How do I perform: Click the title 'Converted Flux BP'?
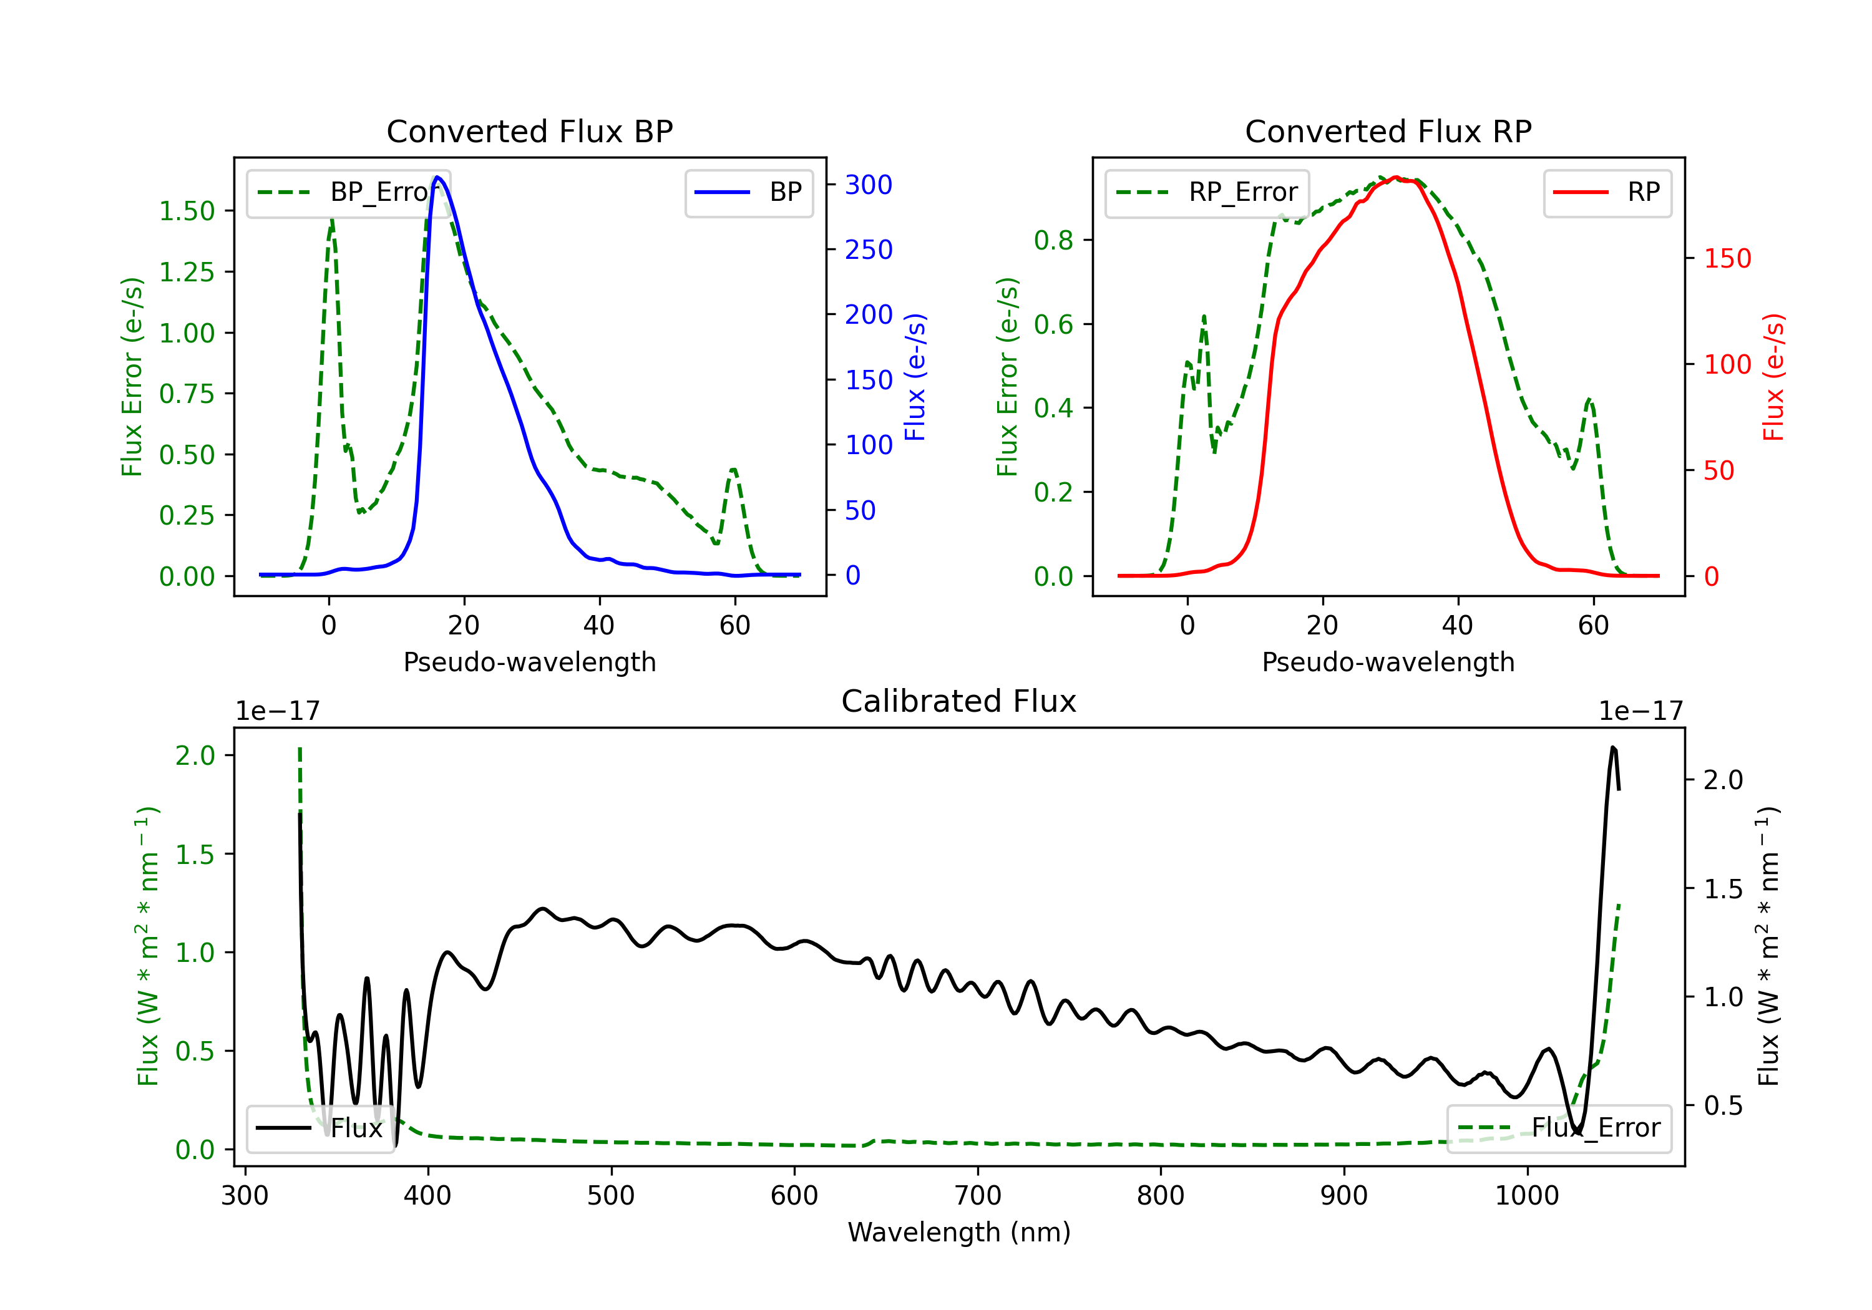click(x=529, y=131)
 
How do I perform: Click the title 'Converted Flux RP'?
click(x=1388, y=131)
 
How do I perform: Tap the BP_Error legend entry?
click(x=348, y=192)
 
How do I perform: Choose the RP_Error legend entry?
click(x=1207, y=192)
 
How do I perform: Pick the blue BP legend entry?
click(x=748, y=192)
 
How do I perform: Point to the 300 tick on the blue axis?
click(x=869, y=185)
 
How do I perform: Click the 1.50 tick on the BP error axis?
click(x=187, y=211)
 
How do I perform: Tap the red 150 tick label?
click(x=1728, y=258)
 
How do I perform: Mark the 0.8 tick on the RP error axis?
click(x=1053, y=241)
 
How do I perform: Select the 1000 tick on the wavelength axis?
click(x=1526, y=1195)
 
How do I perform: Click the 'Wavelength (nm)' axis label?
click(x=959, y=1232)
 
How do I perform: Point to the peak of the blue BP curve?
click(x=438, y=177)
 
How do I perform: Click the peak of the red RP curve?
click(x=1396, y=177)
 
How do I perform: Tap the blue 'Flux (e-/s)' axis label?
click(x=915, y=377)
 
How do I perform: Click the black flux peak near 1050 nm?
click(x=1612, y=747)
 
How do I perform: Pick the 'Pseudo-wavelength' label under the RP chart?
click(x=1388, y=662)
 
